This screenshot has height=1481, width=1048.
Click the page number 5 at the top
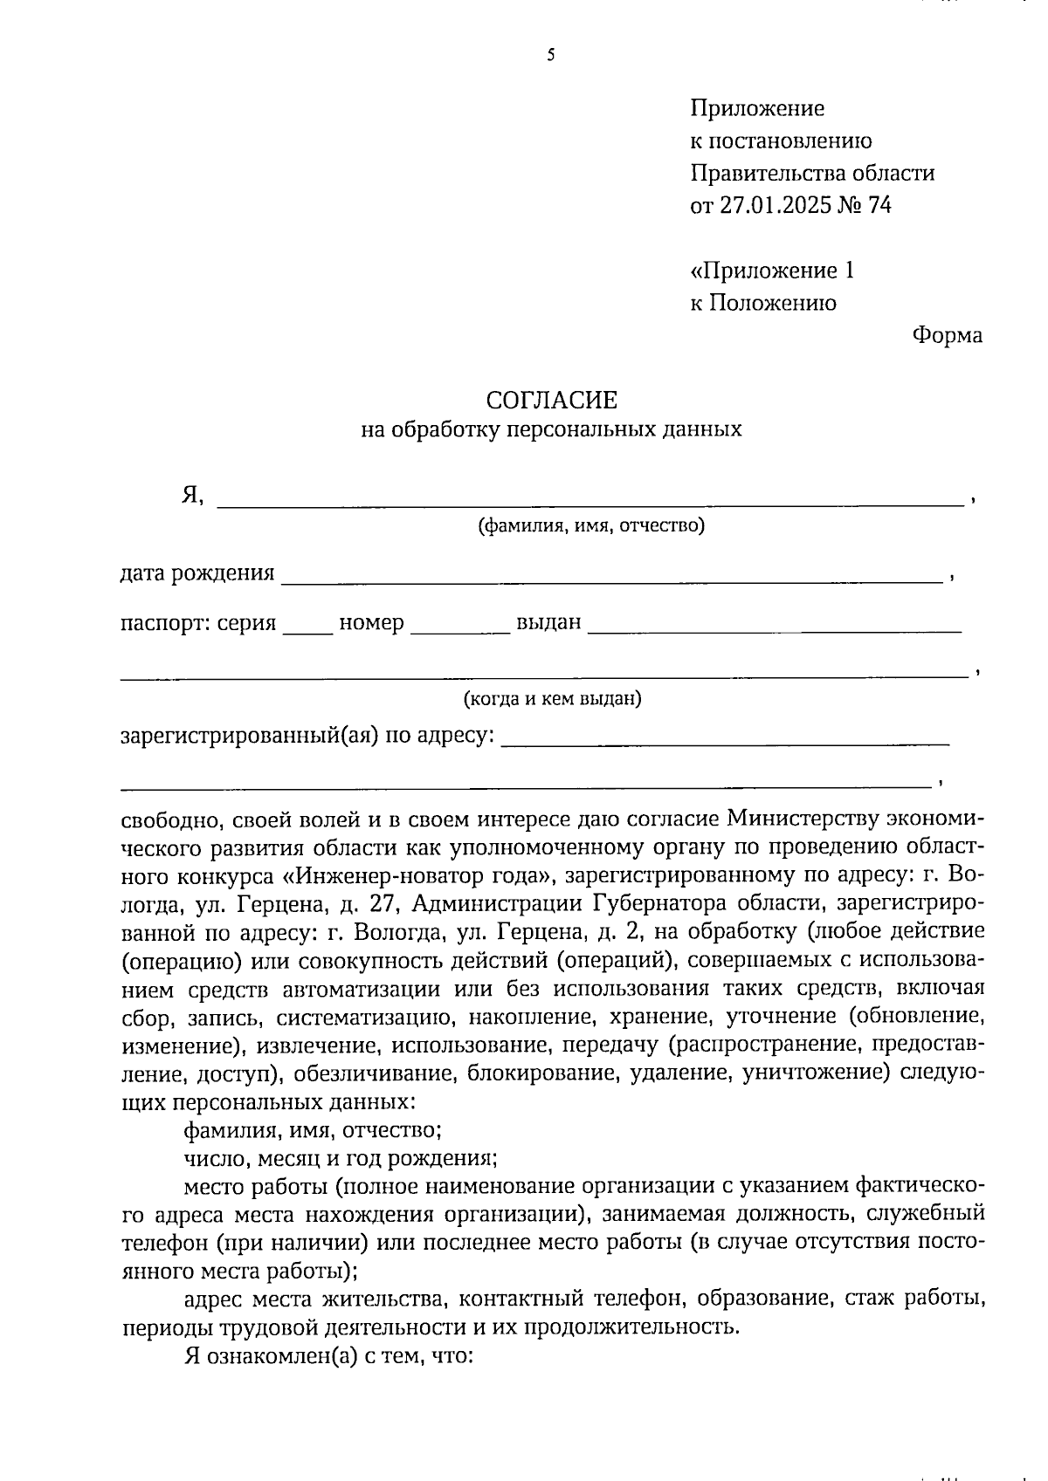pyautogui.click(x=551, y=57)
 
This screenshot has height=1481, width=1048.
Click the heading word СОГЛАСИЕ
pyautogui.click(x=551, y=401)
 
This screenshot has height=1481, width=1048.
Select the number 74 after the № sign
pyautogui.click(x=879, y=206)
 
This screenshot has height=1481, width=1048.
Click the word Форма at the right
pyautogui.click(x=947, y=335)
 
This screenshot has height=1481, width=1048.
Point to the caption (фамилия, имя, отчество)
pyautogui.click(x=590, y=526)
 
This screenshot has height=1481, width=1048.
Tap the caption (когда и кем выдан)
pyautogui.click(x=552, y=699)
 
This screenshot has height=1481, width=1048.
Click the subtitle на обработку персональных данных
pyautogui.click(x=551, y=429)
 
